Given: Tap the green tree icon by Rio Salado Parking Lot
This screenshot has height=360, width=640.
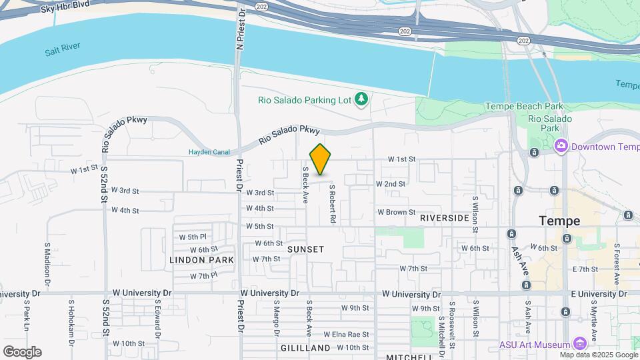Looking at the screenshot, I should [x=362, y=99].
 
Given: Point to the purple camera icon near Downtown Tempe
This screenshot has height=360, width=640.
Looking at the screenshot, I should [x=561, y=145].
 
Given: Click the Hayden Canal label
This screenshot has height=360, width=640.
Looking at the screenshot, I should [x=209, y=152].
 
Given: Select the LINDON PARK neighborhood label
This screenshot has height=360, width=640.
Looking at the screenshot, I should [x=201, y=259].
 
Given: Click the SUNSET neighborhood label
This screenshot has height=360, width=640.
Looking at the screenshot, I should [x=305, y=249].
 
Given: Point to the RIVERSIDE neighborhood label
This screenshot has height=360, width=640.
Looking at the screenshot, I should [x=444, y=218].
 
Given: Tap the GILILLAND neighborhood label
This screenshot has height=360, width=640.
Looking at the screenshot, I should [x=305, y=348].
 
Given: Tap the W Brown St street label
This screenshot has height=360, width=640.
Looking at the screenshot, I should [x=397, y=212].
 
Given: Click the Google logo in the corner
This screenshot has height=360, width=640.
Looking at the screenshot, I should [x=22, y=351].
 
